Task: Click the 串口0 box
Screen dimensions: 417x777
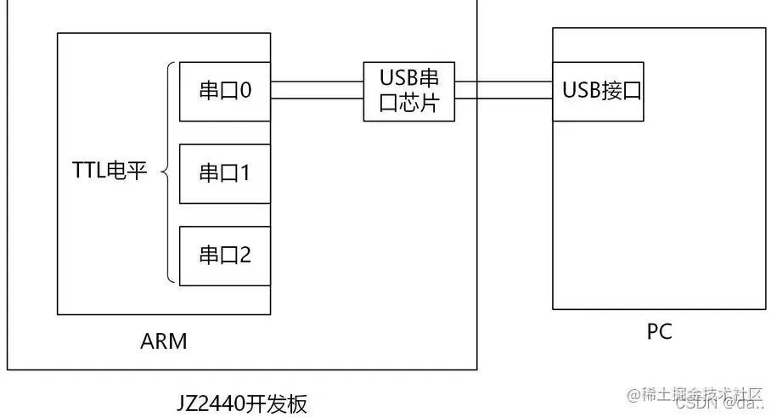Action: (x=225, y=91)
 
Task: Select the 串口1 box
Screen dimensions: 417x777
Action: (x=225, y=173)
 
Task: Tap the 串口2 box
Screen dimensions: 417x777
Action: (x=225, y=255)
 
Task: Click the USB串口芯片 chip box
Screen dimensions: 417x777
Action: (x=408, y=92)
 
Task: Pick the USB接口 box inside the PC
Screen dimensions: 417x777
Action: (x=597, y=91)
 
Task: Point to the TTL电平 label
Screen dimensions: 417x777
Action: (x=110, y=172)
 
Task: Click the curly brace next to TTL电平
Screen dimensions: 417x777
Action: (x=168, y=172)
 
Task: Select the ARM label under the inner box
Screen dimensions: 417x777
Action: (x=163, y=342)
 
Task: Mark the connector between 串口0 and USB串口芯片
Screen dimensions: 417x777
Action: (x=317, y=91)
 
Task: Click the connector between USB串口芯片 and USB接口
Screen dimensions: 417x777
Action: (x=503, y=91)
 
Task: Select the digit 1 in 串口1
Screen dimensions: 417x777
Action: (x=245, y=173)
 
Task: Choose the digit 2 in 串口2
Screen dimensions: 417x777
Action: (x=245, y=255)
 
